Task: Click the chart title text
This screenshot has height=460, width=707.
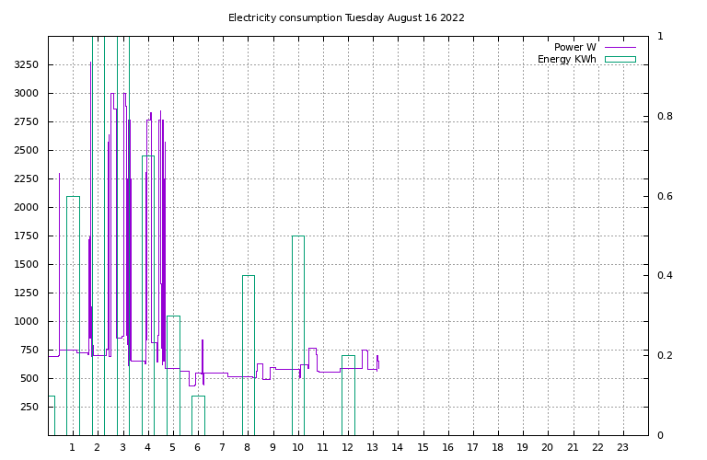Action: [346, 17]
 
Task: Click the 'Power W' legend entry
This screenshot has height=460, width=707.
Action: [575, 47]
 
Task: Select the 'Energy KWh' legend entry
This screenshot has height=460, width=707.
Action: [567, 59]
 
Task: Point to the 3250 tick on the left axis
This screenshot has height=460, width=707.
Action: [26, 64]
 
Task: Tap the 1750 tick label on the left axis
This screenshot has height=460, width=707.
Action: [26, 236]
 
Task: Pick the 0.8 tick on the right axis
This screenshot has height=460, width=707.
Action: [663, 116]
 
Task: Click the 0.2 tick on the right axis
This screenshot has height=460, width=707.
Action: [663, 355]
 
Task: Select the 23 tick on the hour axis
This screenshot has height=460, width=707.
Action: [622, 447]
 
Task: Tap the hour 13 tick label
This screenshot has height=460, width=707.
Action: [372, 447]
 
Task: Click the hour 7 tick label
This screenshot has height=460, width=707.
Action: [222, 447]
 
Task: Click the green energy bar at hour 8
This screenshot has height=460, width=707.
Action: [249, 355]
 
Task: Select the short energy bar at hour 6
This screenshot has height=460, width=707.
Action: [198, 415]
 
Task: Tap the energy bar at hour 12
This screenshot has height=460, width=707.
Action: [348, 395]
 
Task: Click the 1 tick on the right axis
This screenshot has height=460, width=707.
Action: [659, 36]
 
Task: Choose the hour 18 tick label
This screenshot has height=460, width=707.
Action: [497, 447]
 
